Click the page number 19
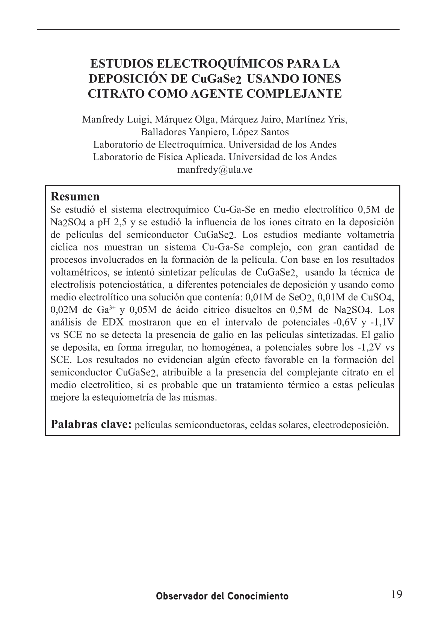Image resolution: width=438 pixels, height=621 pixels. coord(396,594)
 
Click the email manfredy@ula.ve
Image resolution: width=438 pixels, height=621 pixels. coord(214,170)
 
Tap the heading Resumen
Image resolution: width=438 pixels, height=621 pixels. coord(75,196)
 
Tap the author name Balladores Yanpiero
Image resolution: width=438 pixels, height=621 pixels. coord(184,132)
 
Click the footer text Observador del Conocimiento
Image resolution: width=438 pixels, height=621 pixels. coord(222,596)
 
